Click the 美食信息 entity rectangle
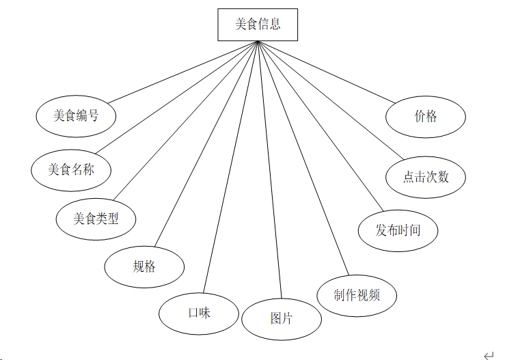click(258, 25)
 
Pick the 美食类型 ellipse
click(96, 219)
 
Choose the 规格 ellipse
click(144, 266)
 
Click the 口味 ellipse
click(199, 314)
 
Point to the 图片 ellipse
click(282, 319)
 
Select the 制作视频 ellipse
click(357, 295)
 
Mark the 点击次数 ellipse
click(426, 177)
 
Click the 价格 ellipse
click(426, 116)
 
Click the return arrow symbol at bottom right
click(488, 355)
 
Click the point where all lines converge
click(258, 42)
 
